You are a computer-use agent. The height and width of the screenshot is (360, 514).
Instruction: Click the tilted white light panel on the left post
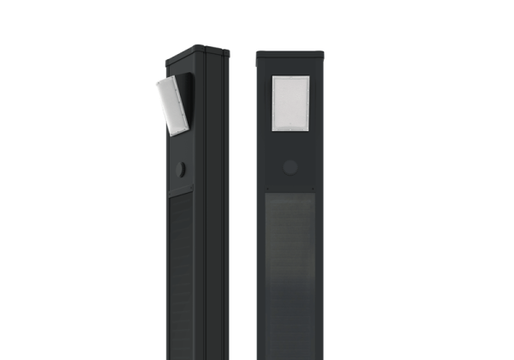pos(174,105)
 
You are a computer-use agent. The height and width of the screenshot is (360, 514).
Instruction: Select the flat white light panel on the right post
pos(290,104)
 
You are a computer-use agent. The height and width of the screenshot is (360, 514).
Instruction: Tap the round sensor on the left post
pos(181,170)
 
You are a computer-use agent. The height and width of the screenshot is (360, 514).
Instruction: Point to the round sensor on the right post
pos(290,166)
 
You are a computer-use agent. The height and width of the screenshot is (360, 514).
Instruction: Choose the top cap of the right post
pos(290,55)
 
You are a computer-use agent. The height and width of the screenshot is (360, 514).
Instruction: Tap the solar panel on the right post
pos(290,274)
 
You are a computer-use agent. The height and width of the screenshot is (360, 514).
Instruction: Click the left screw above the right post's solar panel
pos(267,189)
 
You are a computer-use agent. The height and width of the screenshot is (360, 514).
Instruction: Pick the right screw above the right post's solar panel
pos(314,189)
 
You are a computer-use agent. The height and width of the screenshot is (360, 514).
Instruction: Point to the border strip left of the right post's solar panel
pos(262,274)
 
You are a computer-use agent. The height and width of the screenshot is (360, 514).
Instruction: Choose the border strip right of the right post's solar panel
pos(320,274)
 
